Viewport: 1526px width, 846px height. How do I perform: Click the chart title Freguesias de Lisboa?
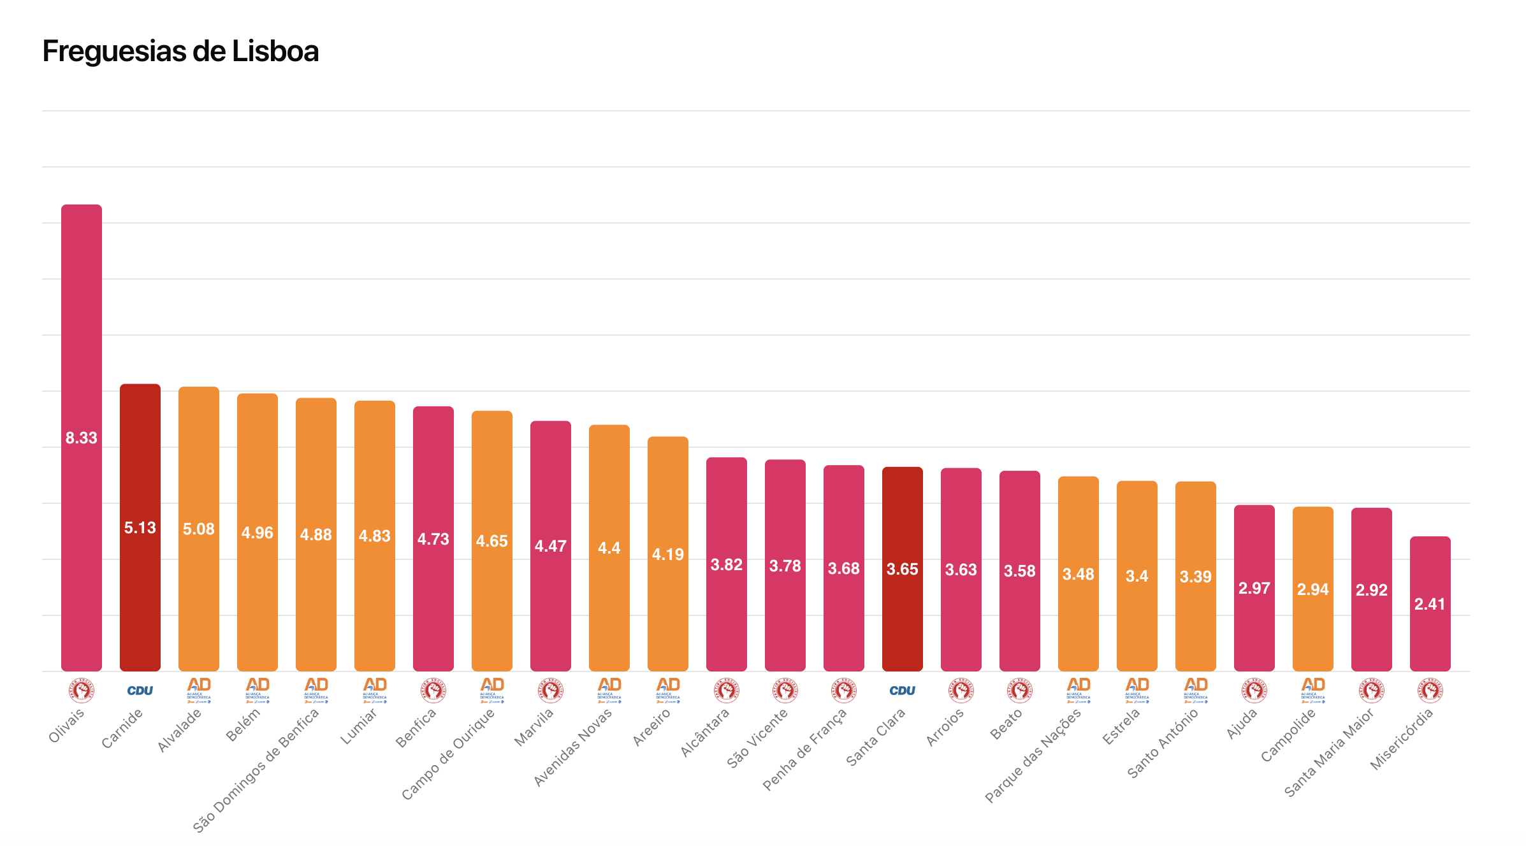(180, 52)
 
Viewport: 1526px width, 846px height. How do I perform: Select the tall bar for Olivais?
(81, 319)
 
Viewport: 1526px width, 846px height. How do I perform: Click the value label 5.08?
(198, 529)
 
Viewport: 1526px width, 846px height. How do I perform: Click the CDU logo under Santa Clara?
(902, 691)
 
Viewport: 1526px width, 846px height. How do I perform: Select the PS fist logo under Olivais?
(81, 691)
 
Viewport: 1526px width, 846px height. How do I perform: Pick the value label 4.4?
(609, 548)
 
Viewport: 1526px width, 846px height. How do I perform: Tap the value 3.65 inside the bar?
(902, 569)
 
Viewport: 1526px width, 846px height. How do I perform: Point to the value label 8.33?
(81, 438)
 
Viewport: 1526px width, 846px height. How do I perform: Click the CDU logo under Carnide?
(140, 691)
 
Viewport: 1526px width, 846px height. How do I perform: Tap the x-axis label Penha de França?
(804, 749)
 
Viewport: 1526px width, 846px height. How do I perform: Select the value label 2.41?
(1430, 604)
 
